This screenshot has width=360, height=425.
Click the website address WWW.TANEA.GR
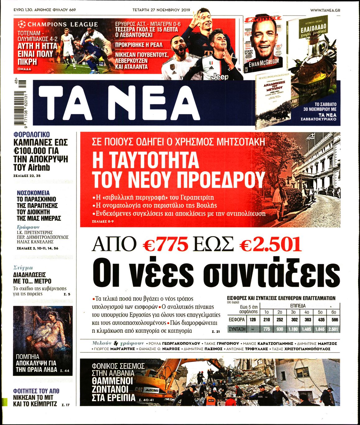click(325, 10)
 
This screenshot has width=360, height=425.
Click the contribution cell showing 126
click(252, 320)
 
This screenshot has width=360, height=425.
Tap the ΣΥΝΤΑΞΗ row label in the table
click(237, 329)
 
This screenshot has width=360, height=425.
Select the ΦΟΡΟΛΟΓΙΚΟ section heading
click(31, 135)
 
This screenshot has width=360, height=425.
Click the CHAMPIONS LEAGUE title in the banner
click(62, 24)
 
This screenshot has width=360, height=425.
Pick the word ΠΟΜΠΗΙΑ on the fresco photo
click(27, 357)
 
